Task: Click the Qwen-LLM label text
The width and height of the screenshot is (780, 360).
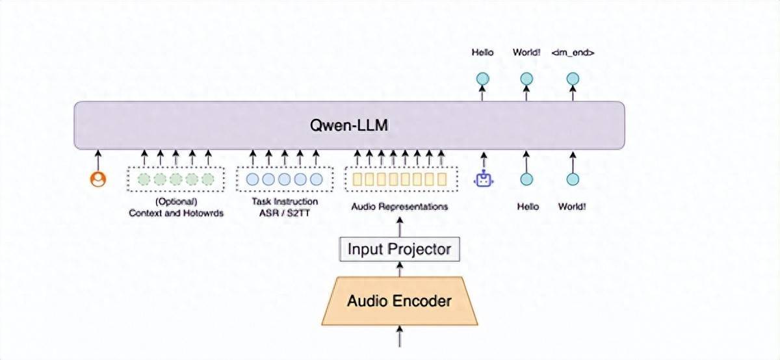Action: tap(349, 125)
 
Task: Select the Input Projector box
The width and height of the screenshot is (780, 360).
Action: tap(399, 249)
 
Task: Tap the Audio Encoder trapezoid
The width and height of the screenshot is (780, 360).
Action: tap(399, 301)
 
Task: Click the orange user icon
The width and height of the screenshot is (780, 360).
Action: tap(98, 179)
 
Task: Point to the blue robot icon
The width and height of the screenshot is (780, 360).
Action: tap(483, 179)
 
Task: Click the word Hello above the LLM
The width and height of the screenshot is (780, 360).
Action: tap(482, 53)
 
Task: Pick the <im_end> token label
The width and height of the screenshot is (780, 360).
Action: tap(572, 53)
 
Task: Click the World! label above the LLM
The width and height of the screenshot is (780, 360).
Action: tap(526, 53)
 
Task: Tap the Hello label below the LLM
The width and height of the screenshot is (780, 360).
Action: tap(528, 207)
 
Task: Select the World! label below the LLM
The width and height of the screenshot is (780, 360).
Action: tap(573, 207)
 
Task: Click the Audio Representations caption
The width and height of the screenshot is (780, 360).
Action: tap(399, 207)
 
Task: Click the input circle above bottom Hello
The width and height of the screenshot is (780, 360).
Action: tap(527, 179)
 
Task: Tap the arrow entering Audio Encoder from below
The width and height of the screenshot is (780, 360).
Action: tap(399, 338)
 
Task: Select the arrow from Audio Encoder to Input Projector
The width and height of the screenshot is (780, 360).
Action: tap(399, 269)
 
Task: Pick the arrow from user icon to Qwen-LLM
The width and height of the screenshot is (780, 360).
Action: tap(98, 158)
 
